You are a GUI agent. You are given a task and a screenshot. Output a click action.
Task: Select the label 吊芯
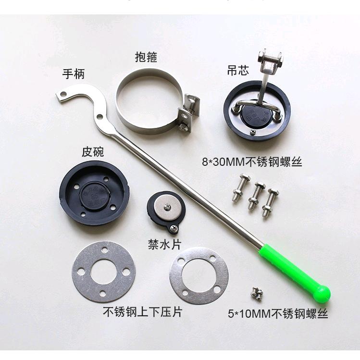238,71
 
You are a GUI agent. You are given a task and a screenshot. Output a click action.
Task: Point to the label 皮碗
93,152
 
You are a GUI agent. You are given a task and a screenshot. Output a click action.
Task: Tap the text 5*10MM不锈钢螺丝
277,314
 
